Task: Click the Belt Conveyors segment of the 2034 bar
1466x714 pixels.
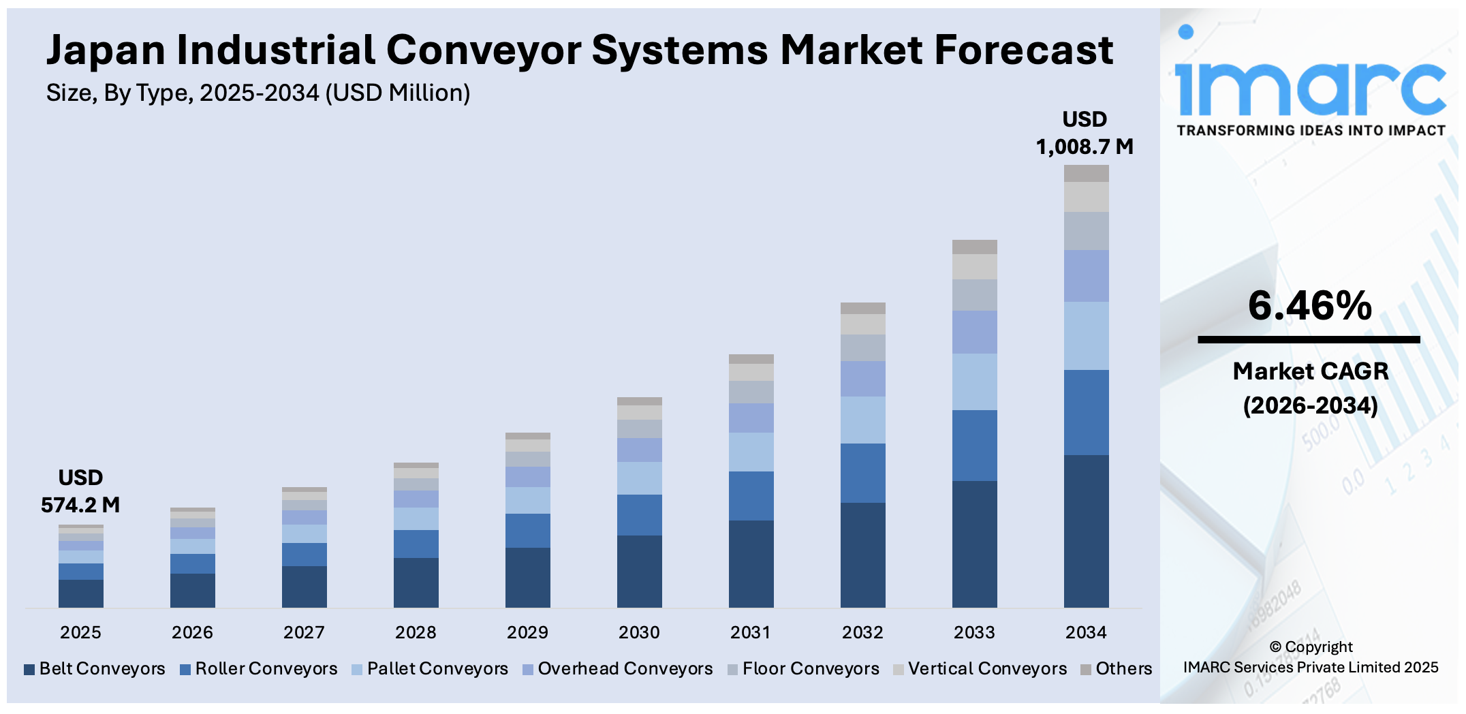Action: tap(1086, 531)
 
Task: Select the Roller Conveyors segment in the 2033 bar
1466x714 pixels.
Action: tap(974, 445)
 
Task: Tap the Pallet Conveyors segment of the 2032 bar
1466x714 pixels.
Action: tap(862, 420)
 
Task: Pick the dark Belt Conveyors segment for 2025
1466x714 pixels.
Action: tap(80, 593)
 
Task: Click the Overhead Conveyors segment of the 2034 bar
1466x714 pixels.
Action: tap(1086, 275)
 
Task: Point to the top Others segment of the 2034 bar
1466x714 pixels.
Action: tap(1086, 173)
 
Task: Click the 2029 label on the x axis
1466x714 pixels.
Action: tap(527, 632)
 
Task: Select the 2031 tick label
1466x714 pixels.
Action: tap(751, 632)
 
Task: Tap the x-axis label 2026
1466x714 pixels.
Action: tap(192, 632)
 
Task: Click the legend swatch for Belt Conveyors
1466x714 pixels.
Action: tap(29, 670)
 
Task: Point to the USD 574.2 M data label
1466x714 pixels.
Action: tap(80, 491)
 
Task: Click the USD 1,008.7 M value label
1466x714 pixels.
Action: tap(1085, 133)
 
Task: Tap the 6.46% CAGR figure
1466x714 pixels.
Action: tap(1309, 306)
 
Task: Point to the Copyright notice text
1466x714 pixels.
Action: tap(1311, 657)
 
